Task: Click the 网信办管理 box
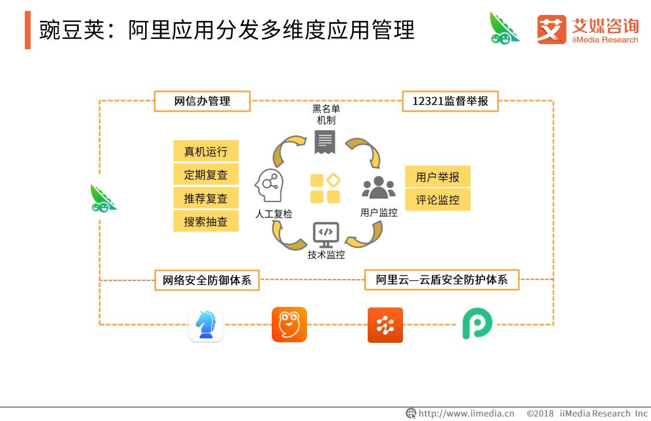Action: pyautogui.click(x=202, y=101)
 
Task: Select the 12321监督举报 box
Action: pyautogui.click(x=450, y=101)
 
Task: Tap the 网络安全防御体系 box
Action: pyautogui.click(x=206, y=280)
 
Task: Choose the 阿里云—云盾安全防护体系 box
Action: pyautogui.click(x=442, y=280)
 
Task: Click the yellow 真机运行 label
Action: pyautogui.click(x=206, y=152)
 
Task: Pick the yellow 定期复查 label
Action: pyautogui.click(x=206, y=175)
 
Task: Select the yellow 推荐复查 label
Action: pyautogui.click(x=206, y=199)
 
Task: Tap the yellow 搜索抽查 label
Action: pyautogui.click(x=206, y=222)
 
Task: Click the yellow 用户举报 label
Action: pyautogui.click(x=438, y=177)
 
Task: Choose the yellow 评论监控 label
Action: pyautogui.click(x=438, y=200)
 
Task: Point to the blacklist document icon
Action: pyautogui.click(x=325, y=142)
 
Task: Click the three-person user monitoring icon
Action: pyautogui.click(x=379, y=187)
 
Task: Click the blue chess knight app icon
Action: pyautogui.click(x=206, y=324)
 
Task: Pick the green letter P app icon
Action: pyautogui.click(x=478, y=324)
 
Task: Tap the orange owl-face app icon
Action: pyautogui.click(x=289, y=324)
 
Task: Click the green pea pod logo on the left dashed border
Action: pyautogui.click(x=103, y=198)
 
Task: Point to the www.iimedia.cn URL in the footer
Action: pyautogui.click(x=466, y=413)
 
